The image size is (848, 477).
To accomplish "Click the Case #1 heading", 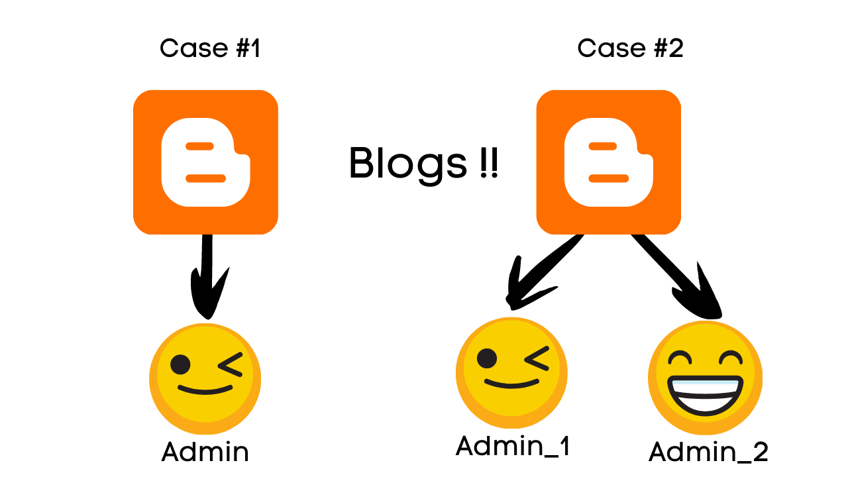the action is tap(210, 48).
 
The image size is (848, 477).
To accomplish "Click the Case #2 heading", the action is tap(630, 48).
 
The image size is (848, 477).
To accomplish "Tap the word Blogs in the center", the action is tap(407, 163).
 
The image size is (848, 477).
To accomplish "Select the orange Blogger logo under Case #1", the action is tap(205, 162).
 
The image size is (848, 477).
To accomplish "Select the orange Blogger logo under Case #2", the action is tap(608, 162).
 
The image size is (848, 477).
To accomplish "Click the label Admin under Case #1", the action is tap(205, 452).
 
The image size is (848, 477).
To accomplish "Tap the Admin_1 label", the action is tap(513, 446).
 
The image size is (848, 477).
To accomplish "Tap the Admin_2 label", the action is tap(708, 452).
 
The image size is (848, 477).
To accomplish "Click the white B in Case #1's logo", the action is tap(205, 162).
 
